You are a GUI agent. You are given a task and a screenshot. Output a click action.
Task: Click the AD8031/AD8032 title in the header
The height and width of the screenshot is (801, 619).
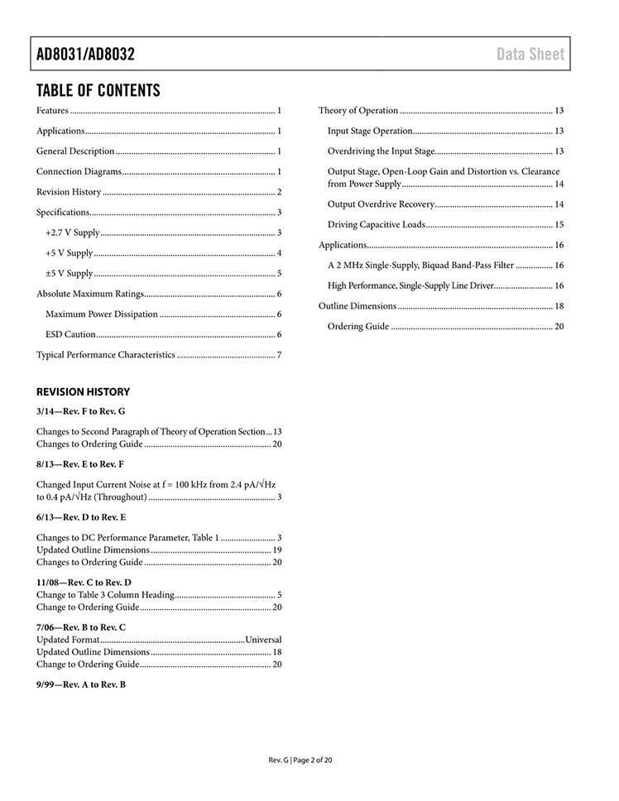pos(85,55)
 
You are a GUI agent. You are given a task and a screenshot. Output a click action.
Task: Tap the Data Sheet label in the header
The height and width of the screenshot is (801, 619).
pos(530,55)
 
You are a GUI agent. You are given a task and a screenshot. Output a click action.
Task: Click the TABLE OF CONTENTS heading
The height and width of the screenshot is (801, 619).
pos(98,90)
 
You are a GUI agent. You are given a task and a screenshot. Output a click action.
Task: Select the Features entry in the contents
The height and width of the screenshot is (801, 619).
pos(52,111)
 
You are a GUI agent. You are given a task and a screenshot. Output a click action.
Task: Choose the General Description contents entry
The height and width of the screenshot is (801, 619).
pos(75,151)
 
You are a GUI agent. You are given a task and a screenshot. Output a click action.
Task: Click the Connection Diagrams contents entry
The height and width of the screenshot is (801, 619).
pos(79,171)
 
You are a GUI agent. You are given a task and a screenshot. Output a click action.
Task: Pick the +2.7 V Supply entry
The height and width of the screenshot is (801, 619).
pos(72,233)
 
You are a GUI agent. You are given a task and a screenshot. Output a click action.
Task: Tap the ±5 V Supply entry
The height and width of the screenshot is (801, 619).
pos(69,273)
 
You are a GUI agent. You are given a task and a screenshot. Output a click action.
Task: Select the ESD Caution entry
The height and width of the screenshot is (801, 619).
pos(70,334)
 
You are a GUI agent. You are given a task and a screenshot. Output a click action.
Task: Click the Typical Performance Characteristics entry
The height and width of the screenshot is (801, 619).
pos(105,355)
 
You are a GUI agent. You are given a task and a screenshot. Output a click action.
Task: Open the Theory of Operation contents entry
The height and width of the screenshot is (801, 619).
pos(358,111)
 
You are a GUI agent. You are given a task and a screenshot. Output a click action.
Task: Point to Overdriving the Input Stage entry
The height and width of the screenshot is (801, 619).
pos(381,151)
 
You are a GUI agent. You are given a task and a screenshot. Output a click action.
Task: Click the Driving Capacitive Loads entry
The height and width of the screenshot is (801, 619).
pos(377,224)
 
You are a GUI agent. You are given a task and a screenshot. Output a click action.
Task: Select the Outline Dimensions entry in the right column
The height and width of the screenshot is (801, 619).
pos(357,306)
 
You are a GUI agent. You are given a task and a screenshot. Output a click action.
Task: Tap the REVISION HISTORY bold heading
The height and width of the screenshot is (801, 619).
pos(83,392)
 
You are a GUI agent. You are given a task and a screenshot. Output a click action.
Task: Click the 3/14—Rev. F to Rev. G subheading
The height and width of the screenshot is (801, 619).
pos(80,411)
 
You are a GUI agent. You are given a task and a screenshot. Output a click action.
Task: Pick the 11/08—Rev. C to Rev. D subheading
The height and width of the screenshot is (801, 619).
pos(84,583)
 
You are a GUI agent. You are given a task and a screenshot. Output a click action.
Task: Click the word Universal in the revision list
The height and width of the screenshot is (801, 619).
pos(263,640)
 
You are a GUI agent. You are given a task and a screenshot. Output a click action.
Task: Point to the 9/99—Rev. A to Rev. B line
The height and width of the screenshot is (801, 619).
pos(81,684)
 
